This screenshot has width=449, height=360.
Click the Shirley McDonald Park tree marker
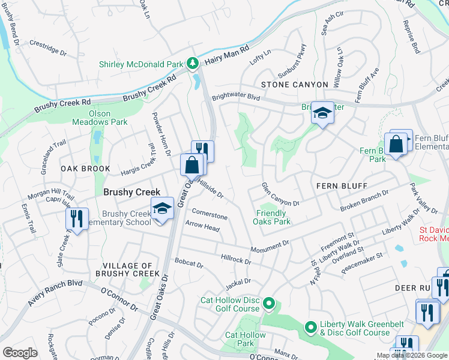(192, 62)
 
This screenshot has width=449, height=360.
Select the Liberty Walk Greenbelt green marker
(310, 328)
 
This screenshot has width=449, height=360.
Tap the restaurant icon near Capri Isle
(77, 219)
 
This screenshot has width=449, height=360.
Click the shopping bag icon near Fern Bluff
(396, 145)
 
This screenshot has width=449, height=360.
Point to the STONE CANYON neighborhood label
(294, 85)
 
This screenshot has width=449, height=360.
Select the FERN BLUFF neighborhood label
(341, 187)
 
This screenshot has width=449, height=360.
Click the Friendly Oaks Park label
(273, 217)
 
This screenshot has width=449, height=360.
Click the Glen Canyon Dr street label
(280, 195)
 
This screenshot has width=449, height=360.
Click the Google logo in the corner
(20, 353)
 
